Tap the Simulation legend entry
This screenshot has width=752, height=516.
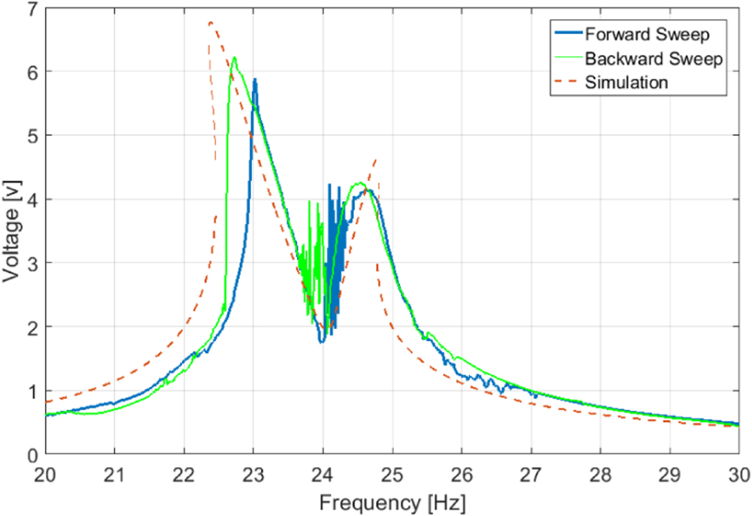coord(626,82)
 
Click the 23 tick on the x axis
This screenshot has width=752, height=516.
coord(253,475)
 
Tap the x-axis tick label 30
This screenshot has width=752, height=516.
coord(738,475)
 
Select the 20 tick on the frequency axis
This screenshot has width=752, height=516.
coord(46,475)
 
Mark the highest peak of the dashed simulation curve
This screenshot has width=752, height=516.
coord(210,23)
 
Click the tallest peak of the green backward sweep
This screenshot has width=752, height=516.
coord(235,58)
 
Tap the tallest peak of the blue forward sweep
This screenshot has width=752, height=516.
coord(255,79)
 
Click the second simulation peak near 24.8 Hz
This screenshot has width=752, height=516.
coord(376,159)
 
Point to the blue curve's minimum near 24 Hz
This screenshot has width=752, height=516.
coord(321,342)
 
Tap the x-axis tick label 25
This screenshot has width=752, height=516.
coord(392,475)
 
